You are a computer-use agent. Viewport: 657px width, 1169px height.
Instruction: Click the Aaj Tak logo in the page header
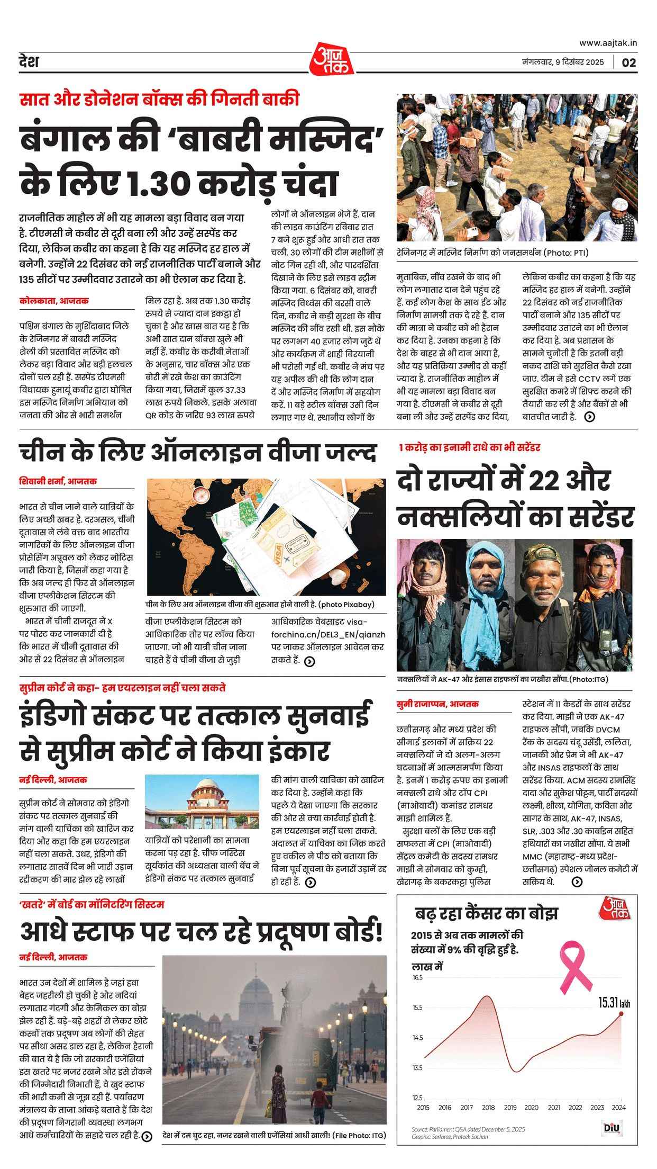328,59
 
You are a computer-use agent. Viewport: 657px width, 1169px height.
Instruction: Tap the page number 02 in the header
628,62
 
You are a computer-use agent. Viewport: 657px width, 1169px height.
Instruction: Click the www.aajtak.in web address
608,43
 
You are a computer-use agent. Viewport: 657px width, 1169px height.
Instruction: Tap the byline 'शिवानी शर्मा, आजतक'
58,481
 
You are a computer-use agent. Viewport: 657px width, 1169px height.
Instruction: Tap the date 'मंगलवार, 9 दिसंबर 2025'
562,62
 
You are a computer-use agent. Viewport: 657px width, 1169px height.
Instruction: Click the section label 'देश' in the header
29,62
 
